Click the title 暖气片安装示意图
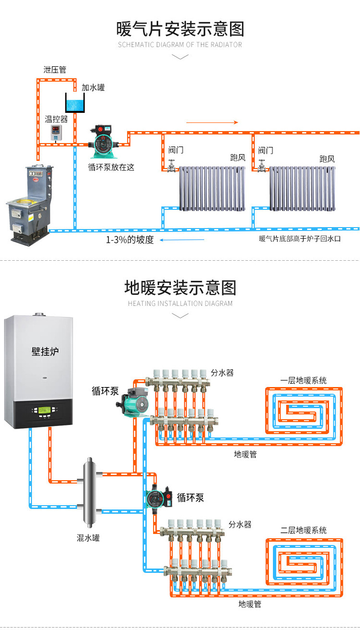[180, 29]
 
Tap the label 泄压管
[55, 70]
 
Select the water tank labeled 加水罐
[75, 103]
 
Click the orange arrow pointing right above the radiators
[212, 122]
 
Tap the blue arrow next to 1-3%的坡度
[182, 240]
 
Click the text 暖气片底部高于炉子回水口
[300, 239]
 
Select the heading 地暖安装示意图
[180, 288]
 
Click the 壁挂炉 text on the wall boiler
[46, 351]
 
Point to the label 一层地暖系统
[303, 380]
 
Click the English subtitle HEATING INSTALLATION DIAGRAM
[180, 303]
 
